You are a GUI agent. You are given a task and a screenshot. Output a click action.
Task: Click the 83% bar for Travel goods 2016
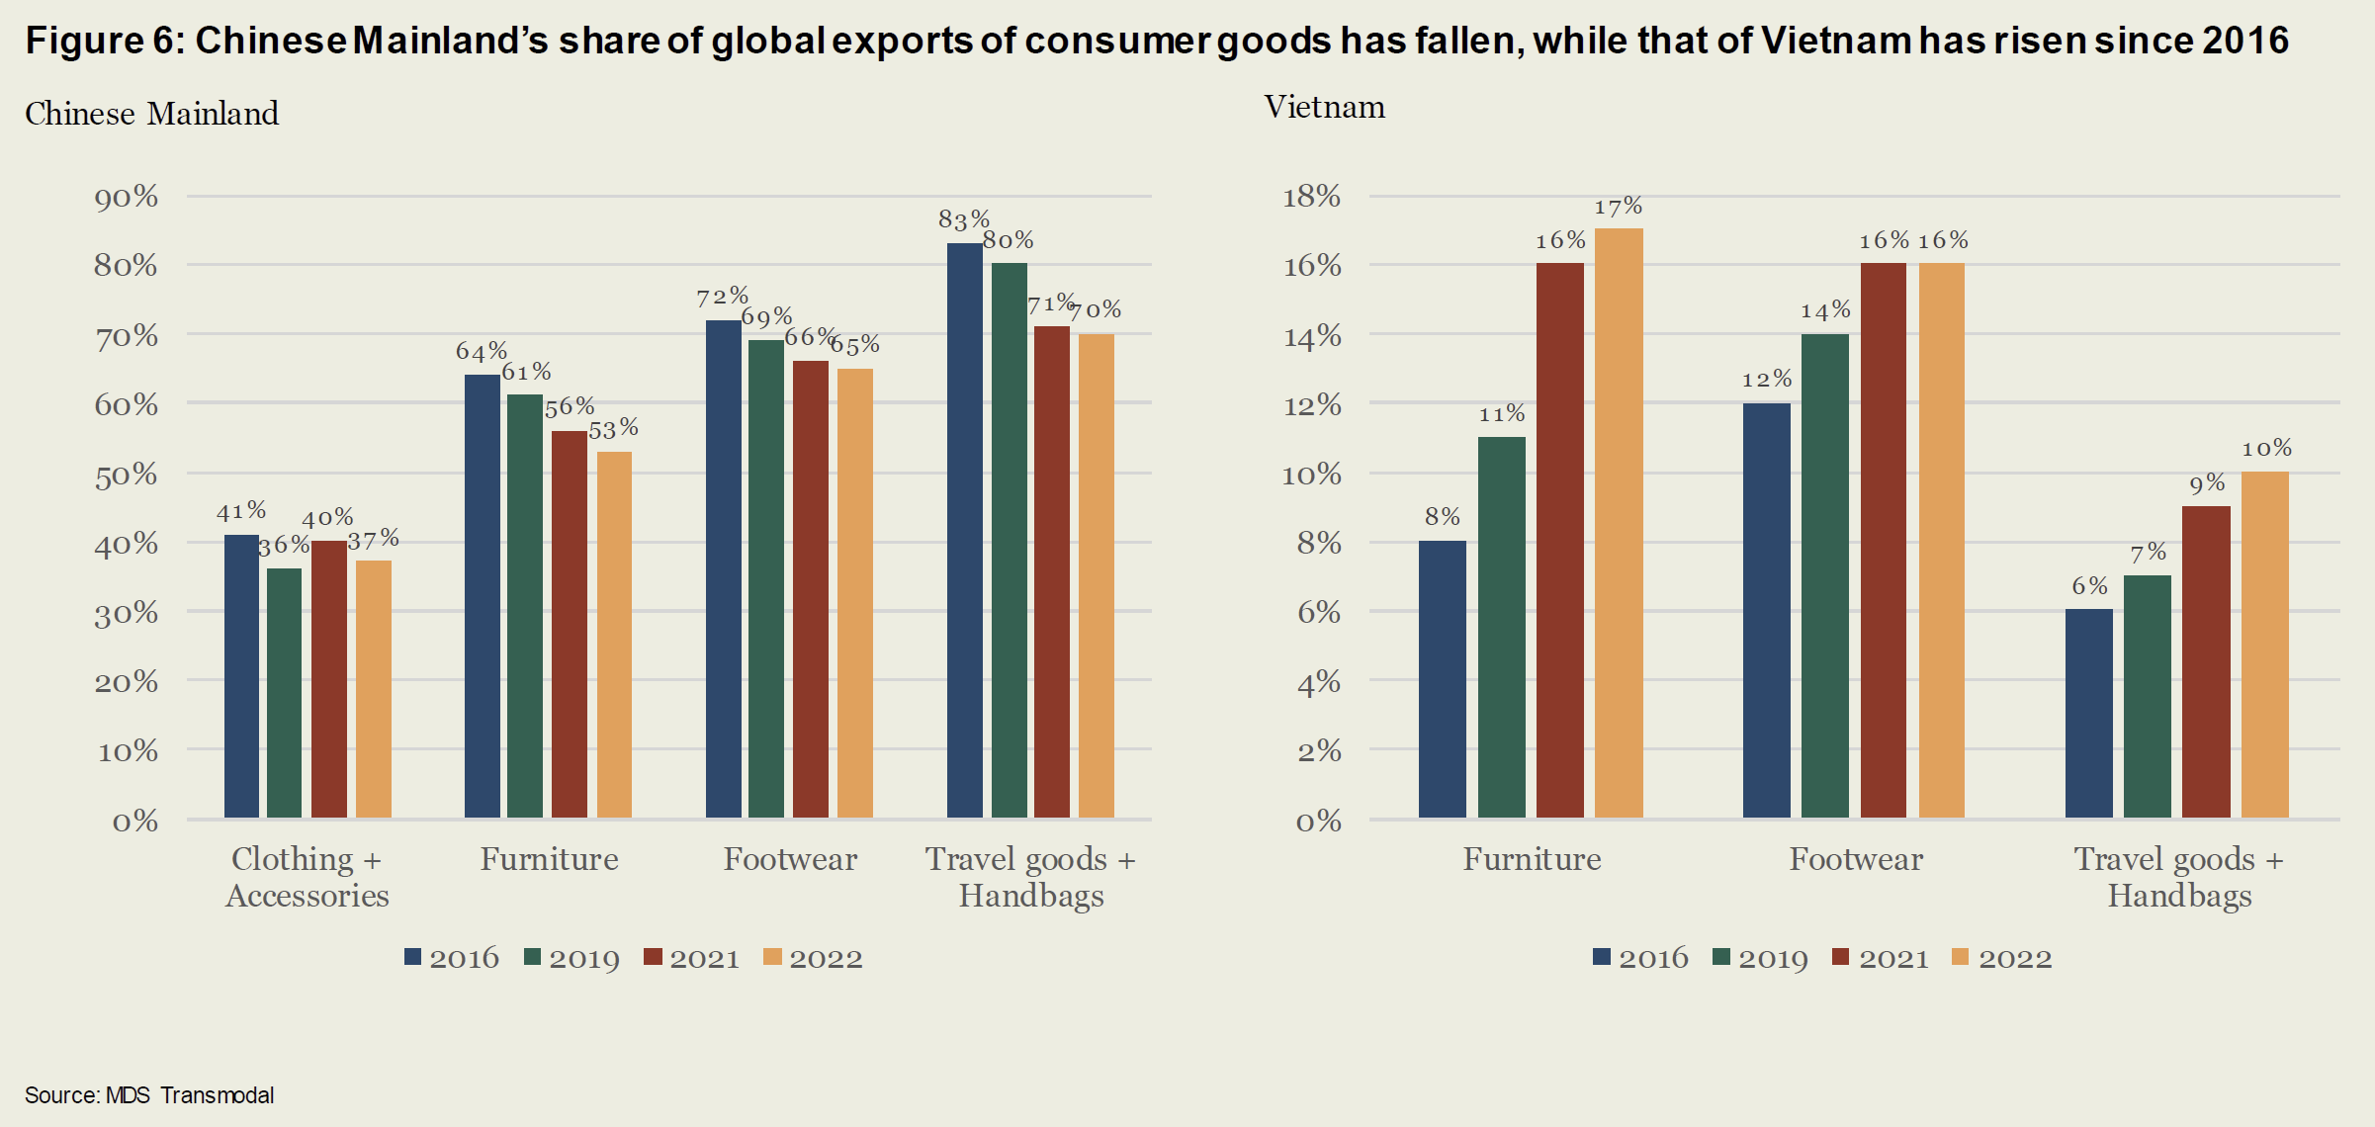(964, 530)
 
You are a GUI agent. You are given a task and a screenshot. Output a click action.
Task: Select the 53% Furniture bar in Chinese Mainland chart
(614, 634)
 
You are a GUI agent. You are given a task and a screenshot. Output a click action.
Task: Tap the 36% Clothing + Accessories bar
(285, 693)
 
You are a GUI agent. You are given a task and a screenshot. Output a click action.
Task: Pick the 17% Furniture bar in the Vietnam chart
(1619, 523)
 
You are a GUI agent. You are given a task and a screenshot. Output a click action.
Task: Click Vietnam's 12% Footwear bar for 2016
(1766, 610)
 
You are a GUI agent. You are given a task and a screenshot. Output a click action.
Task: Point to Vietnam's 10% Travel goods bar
(2264, 645)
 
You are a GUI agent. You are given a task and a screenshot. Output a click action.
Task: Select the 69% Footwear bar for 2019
(766, 578)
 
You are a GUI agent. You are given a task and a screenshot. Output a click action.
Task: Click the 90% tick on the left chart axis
(127, 198)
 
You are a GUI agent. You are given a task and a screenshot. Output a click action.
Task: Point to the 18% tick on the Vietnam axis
(1311, 197)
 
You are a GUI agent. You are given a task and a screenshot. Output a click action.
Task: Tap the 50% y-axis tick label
(127, 476)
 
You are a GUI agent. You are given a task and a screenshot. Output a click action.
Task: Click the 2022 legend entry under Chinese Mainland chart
(814, 958)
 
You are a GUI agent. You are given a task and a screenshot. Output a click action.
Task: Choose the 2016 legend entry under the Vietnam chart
(1641, 958)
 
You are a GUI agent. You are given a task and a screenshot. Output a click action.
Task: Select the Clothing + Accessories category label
(307, 877)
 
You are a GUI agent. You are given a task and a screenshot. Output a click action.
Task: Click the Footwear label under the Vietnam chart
(1856, 859)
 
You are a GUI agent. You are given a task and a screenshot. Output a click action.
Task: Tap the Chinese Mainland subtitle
(151, 114)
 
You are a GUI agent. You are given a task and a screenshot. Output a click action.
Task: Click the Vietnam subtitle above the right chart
(1324, 107)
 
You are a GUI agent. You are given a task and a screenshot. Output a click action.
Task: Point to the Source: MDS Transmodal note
(149, 1095)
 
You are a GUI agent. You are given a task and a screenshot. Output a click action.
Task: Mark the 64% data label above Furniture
(481, 351)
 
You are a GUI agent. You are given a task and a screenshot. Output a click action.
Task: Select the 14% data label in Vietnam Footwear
(1824, 310)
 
